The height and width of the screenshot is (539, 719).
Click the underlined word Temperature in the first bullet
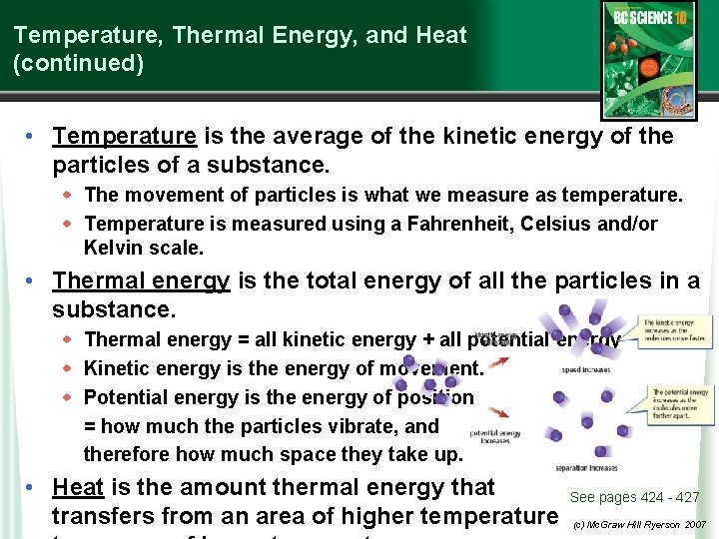point(124,136)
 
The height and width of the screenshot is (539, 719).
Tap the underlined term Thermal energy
point(141,281)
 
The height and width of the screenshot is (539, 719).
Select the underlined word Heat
point(78,487)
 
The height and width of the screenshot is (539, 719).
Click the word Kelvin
point(112,248)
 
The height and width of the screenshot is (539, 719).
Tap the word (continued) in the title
point(78,63)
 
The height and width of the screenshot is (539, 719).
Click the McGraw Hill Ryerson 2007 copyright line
point(639,524)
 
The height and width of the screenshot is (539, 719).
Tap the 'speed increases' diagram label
point(585,369)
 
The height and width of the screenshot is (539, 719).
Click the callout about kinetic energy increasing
point(677,329)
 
